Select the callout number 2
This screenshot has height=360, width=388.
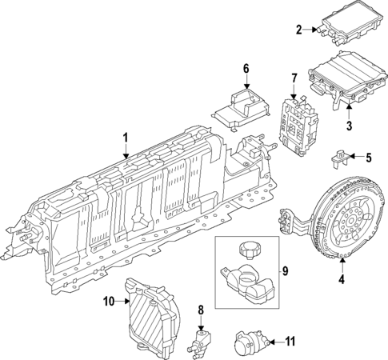(298, 30)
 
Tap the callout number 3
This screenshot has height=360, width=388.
(349, 126)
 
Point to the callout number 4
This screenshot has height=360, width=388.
(342, 280)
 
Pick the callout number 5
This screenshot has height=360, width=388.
(370, 157)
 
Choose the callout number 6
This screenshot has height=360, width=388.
(246, 69)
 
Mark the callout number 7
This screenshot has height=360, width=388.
(294, 78)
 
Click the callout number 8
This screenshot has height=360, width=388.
(201, 309)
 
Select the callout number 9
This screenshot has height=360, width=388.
(282, 270)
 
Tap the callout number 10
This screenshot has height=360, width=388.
(109, 302)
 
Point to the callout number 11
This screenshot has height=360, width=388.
(290, 342)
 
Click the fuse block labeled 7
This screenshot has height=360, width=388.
(298, 122)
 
